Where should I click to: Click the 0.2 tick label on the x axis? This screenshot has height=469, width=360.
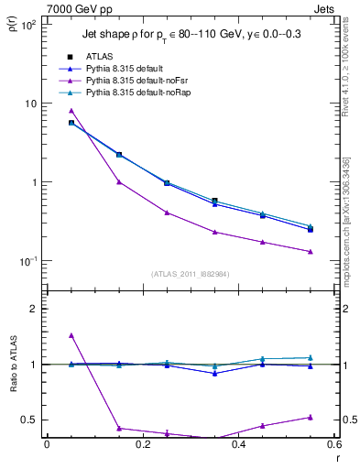point(142,445)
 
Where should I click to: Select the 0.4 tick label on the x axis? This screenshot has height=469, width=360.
point(238,445)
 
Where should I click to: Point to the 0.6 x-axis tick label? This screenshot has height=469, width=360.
point(334,445)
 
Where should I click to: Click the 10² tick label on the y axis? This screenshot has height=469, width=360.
point(27,25)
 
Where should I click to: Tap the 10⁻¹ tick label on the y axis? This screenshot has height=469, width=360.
point(27,261)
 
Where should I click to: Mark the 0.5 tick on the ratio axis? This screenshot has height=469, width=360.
point(30,420)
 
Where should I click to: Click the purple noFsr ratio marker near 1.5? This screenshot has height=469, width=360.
point(71,335)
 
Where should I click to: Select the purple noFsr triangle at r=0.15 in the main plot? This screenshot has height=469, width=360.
point(119,181)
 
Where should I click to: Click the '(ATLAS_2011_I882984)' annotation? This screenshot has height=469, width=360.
point(190,274)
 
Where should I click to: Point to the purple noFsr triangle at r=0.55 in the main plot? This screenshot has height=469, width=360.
point(311,252)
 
